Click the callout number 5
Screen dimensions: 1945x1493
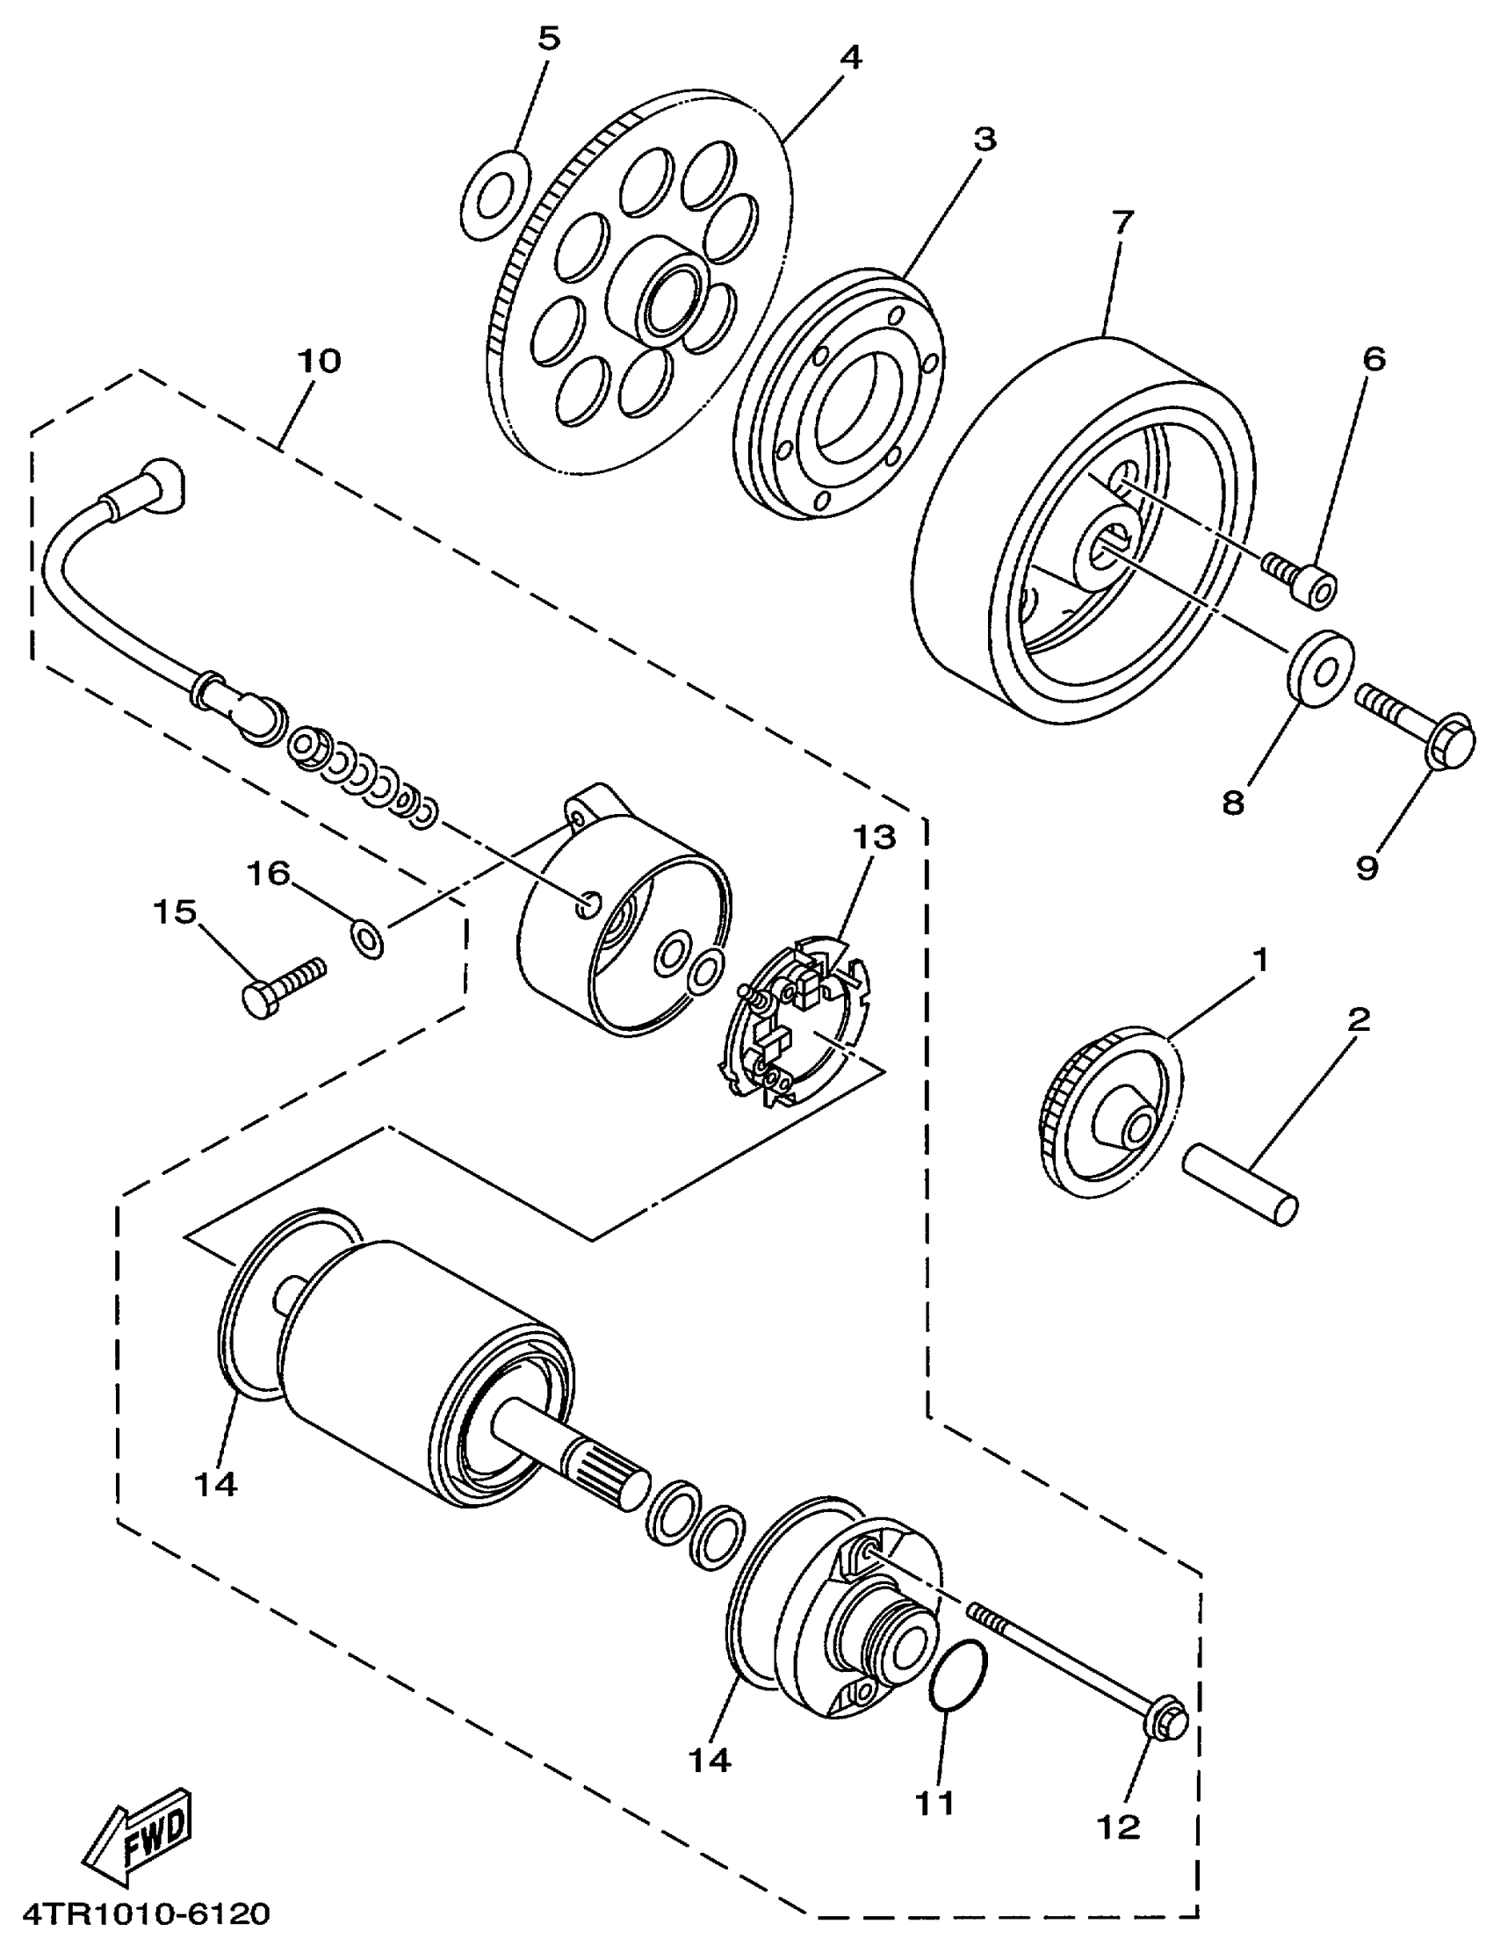click(x=549, y=40)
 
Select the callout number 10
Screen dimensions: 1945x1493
click(x=319, y=362)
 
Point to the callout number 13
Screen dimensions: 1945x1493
click(x=875, y=837)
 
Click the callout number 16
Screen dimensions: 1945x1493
click(x=269, y=875)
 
